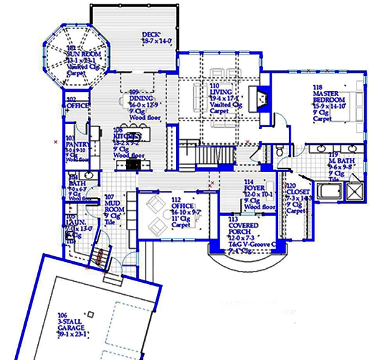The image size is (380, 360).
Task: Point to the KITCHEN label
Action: [127, 136]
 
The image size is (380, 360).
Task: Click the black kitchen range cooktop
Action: [134, 164]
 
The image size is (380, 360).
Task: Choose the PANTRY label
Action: [76, 144]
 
